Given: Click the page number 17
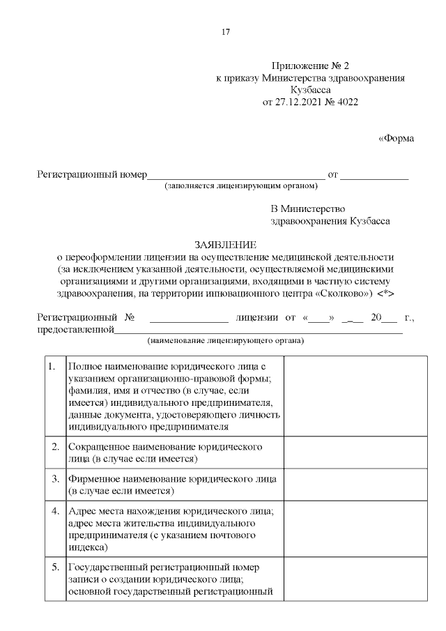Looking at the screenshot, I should click(x=225, y=32).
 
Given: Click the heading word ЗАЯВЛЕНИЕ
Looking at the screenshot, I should click(x=225, y=245).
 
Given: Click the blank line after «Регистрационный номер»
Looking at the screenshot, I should click(x=236, y=175).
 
